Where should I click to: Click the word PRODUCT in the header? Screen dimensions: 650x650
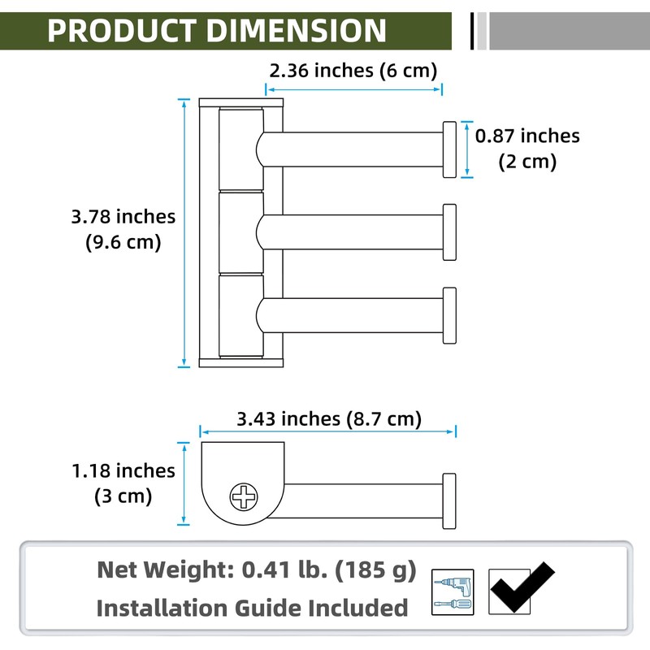tap(121, 31)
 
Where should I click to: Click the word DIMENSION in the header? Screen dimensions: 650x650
tap(296, 31)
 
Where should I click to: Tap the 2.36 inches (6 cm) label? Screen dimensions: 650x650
tap(353, 71)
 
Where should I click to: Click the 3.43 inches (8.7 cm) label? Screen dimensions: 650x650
tap(329, 418)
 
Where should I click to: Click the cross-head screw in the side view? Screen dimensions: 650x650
tap(244, 496)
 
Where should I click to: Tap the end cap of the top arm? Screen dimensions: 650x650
tap(450, 149)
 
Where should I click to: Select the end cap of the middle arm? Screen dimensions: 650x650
tap(450, 232)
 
